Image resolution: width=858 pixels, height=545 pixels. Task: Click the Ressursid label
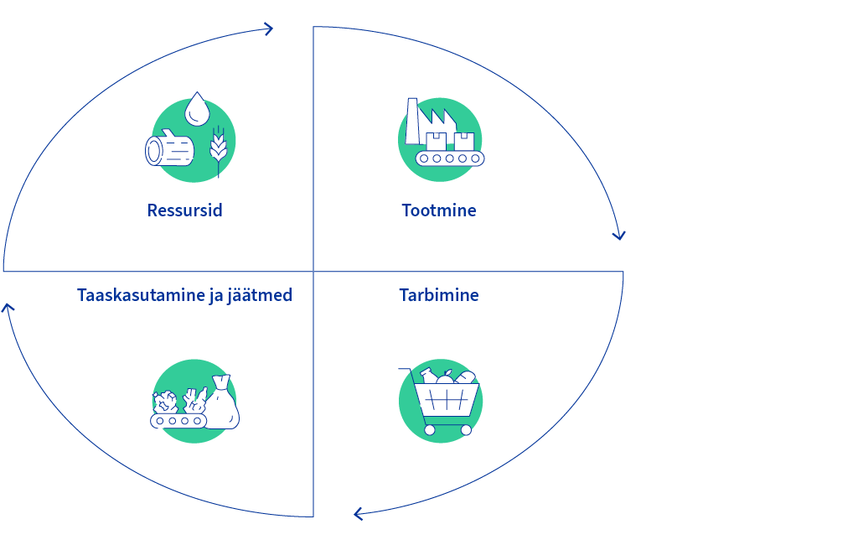point(185,210)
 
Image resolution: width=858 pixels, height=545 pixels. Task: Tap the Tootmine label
point(439,210)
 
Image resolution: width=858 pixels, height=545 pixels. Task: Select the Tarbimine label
point(439,295)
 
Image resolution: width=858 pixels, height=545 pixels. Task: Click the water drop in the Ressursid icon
point(197,109)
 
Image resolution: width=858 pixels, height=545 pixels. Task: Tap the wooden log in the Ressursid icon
point(169,148)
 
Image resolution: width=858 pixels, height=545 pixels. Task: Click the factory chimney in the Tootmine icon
point(412,121)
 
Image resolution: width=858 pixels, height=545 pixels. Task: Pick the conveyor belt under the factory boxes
point(450,158)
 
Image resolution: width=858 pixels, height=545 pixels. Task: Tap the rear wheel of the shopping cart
point(430,430)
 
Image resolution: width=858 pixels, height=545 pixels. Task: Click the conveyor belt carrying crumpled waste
point(178,421)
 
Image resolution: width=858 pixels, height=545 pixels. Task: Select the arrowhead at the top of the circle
point(268,29)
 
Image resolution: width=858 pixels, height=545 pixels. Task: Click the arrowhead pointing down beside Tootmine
point(619,236)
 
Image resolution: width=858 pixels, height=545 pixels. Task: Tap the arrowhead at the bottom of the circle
point(359,514)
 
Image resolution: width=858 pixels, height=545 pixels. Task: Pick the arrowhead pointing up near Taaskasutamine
point(8,309)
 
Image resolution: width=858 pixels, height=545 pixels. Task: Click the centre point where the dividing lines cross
point(313,271)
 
